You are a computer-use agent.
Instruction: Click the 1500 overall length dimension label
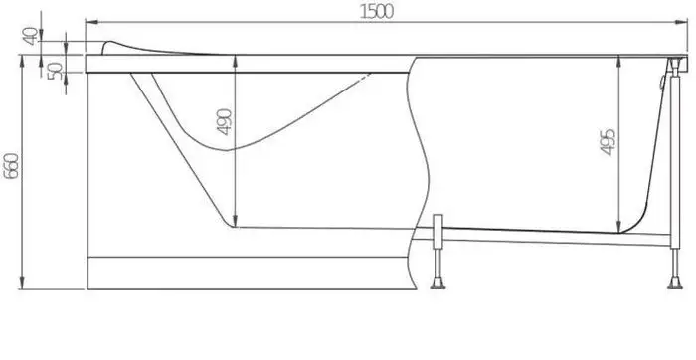click(377, 11)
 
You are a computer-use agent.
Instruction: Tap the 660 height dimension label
click(11, 166)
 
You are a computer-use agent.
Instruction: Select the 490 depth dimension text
click(224, 121)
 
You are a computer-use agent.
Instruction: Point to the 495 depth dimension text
click(608, 142)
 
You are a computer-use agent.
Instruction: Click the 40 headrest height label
click(30, 36)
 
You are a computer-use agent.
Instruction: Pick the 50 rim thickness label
click(55, 71)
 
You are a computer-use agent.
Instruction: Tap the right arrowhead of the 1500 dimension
click(681, 22)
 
